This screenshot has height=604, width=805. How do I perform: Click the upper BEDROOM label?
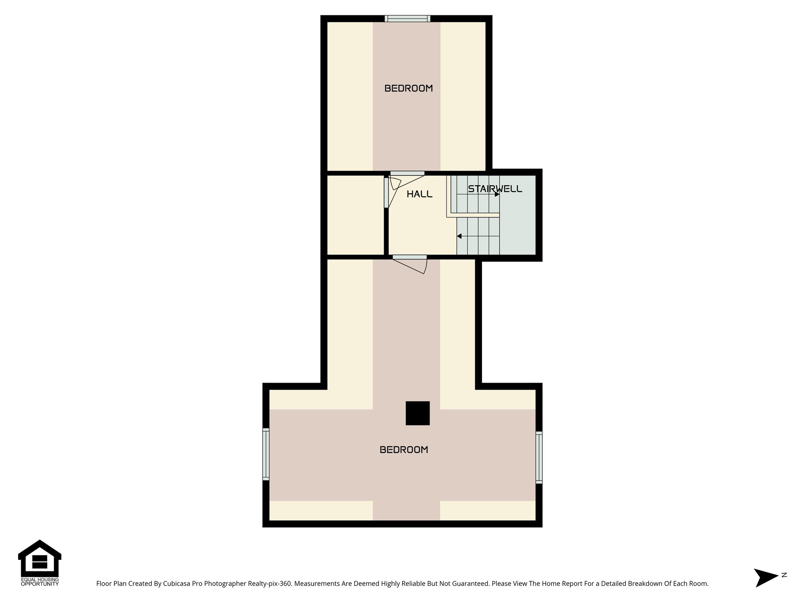click(408, 88)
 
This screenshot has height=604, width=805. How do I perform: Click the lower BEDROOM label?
click(404, 450)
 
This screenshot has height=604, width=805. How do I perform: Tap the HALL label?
click(419, 194)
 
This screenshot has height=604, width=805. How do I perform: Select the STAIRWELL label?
click(495, 189)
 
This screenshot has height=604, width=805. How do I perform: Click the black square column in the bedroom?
click(417, 413)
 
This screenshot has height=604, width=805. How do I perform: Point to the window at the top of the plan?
click(407, 18)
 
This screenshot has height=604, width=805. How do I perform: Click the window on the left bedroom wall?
click(266, 454)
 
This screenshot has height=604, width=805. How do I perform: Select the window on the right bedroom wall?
click(539, 457)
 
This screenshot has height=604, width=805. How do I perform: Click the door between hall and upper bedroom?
click(407, 173)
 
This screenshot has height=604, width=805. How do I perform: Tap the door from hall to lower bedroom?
click(410, 258)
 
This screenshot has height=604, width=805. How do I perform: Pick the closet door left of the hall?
click(386, 193)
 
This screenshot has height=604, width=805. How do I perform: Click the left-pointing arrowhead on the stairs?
click(459, 236)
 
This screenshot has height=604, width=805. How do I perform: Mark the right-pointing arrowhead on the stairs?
click(497, 194)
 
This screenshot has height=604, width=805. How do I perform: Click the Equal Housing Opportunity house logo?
click(40, 558)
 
